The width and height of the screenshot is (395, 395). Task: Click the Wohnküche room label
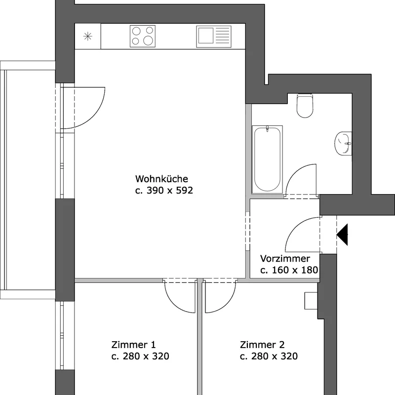tap(161, 179)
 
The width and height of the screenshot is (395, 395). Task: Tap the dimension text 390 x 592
tap(169, 190)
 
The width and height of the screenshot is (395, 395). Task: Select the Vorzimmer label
tap(285, 258)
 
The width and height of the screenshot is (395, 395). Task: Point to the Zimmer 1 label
tap(133, 344)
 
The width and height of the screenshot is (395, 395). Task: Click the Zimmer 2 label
tap(262, 344)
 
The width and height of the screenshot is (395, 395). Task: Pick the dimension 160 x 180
tap(295, 270)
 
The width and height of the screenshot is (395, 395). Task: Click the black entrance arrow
tap(342, 235)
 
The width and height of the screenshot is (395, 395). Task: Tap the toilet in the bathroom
tap(305, 106)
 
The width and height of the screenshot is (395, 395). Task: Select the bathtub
tap(267, 159)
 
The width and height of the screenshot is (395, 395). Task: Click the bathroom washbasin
tap(343, 143)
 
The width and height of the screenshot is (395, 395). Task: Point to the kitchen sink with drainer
tap(214, 36)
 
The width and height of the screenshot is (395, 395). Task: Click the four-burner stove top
tap(143, 36)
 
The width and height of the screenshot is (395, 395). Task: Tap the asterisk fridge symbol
tap(88, 36)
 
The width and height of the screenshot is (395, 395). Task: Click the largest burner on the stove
tap(148, 40)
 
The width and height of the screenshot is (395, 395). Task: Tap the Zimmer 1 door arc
tap(173, 303)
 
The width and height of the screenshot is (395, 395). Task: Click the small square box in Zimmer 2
tap(311, 301)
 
